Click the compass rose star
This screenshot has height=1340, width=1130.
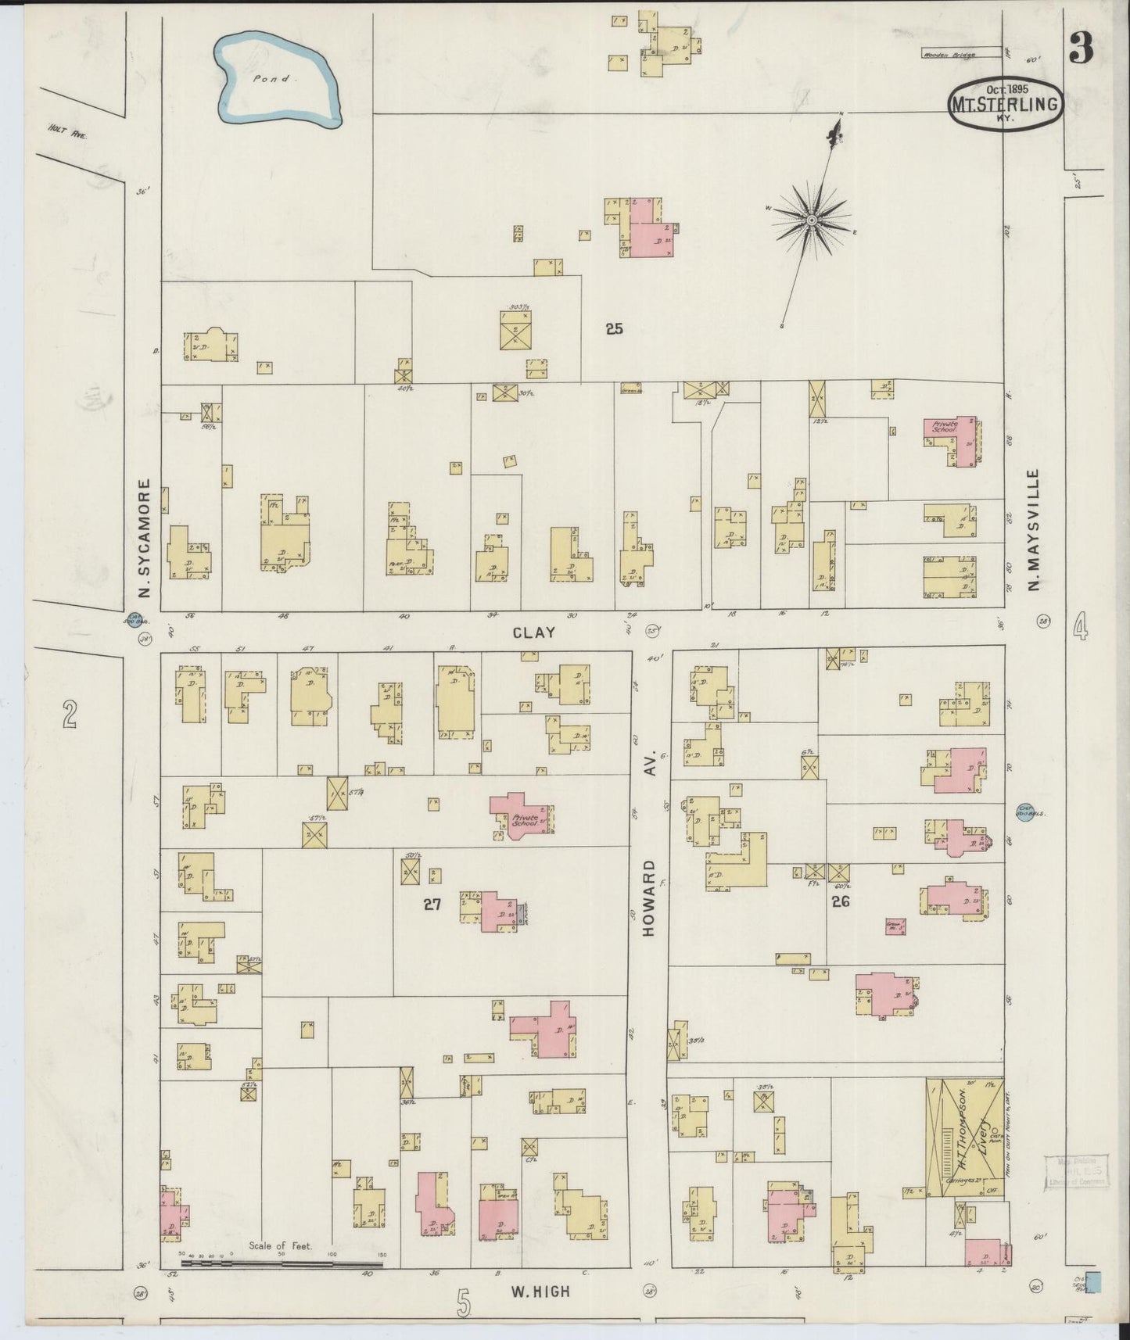813,220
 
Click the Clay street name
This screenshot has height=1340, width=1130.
533,632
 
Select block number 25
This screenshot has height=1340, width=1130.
614,329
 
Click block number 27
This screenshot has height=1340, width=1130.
432,905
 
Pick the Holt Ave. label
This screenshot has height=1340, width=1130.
66,134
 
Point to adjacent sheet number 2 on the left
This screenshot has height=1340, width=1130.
70,714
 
